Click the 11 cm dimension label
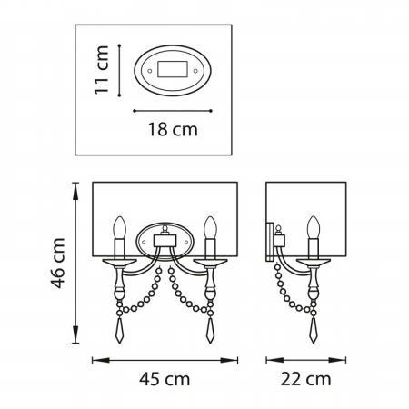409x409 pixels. click(102, 70)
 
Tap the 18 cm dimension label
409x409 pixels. click(173, 130)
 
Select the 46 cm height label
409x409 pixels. click(57, 263)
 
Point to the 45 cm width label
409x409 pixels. click(165, 379)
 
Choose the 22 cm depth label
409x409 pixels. click(305, 379)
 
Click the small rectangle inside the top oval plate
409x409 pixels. click(172, 69)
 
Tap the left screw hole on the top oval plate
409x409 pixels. click(149, 71)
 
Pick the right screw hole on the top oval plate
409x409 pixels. click(195, 71)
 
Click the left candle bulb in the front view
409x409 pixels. click(119, 227)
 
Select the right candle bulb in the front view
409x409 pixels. click(210, 227)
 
